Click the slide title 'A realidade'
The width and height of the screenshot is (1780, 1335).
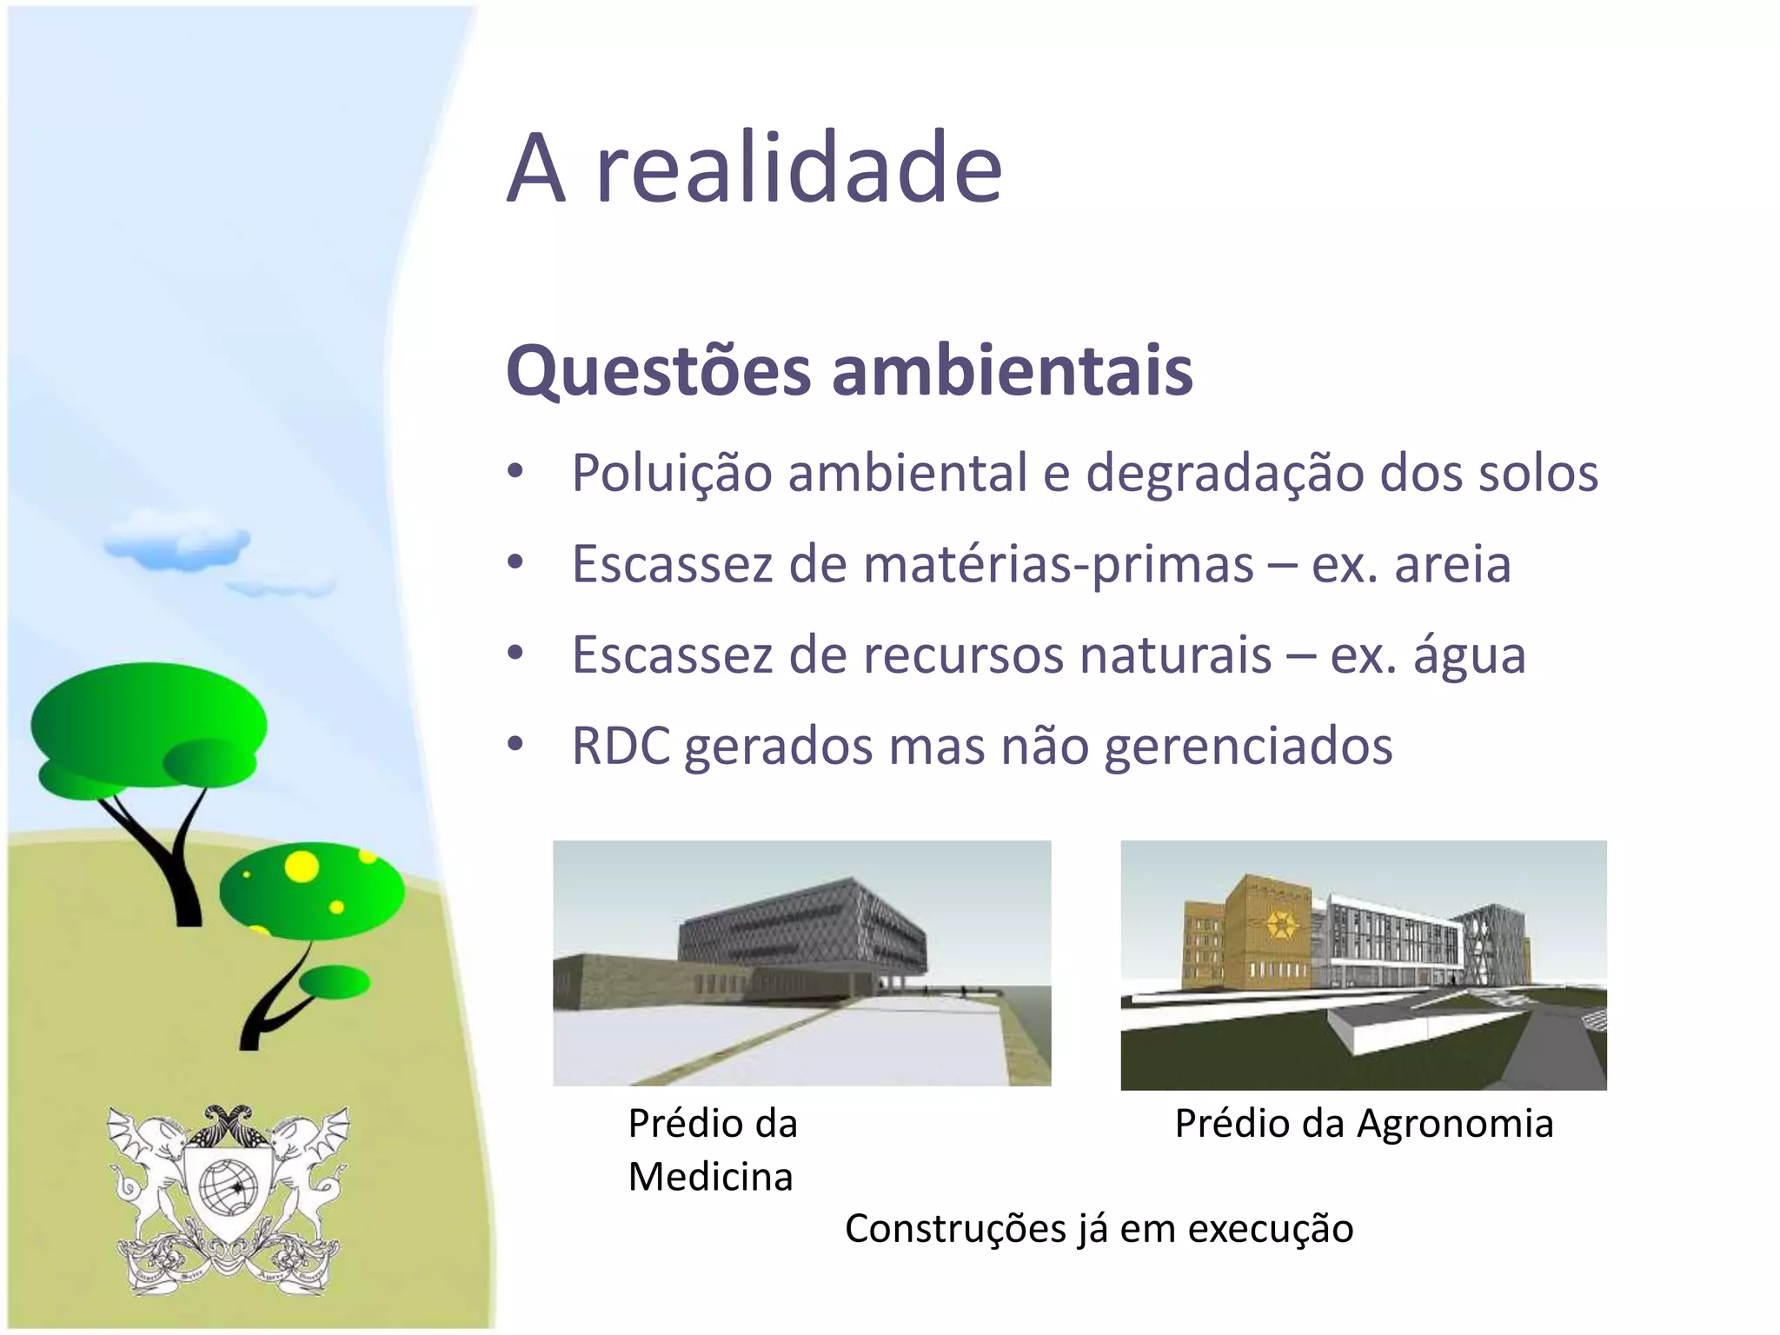[754, 167]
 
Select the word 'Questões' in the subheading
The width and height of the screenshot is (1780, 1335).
[658, 371]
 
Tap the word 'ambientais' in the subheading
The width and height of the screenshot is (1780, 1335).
[1012, 371]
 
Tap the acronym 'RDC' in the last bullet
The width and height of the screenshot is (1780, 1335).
[621, 747]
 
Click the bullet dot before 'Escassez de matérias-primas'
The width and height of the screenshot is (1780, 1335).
[515, 562]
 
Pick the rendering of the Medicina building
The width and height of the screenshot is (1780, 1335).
[801, 962]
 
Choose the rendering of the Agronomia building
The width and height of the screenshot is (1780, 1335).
[1363, 964]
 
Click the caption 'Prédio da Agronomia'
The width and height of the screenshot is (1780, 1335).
[1363, 1123]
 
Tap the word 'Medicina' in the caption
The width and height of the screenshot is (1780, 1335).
[710, 1177]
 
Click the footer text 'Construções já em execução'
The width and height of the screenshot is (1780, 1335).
[1099, 1229]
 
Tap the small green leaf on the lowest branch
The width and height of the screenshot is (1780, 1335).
[335, 982]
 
